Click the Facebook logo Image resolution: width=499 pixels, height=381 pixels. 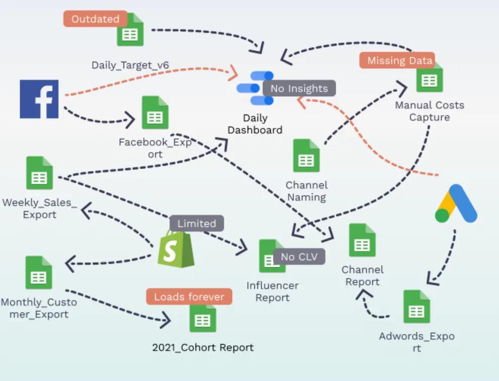[x=39, y=99]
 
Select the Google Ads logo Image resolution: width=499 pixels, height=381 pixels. [x=456, y=204]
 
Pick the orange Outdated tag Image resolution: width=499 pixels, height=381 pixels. [x=95, y=19]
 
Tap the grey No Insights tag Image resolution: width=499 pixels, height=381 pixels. [x=299, y=89]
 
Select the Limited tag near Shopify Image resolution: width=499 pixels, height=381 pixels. [x=196, y=223]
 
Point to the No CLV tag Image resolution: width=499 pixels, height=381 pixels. [x=299, y=257]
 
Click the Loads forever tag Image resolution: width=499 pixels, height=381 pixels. [x=189, y=296]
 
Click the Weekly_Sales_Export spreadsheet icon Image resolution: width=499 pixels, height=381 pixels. [x=39, y=173]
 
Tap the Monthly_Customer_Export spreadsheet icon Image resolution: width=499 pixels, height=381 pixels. [x=39, y=272]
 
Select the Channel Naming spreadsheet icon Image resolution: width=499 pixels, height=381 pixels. [x=306, y=156]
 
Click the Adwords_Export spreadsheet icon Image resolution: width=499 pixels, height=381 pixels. [x=416, y=307]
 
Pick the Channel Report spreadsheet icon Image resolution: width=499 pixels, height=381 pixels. [x=362, y=240]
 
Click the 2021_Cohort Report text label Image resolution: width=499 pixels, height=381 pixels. [x=203, y=347]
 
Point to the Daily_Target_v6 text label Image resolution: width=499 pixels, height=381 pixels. [x=130, y=65]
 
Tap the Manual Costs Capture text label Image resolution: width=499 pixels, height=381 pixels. [x=429, y=111]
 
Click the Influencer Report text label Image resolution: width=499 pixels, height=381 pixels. [x=272, y=291]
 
